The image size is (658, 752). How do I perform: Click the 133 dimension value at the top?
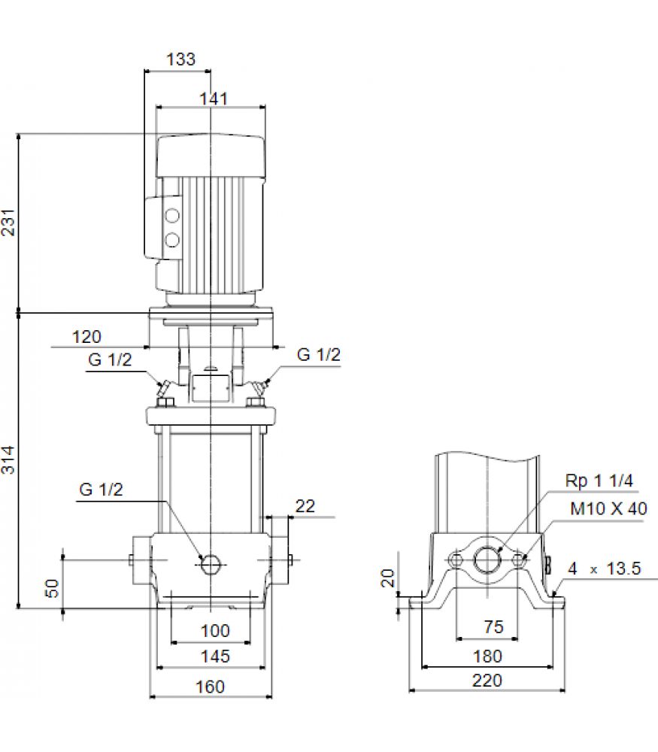point(180,59)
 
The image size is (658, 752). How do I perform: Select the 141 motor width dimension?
point(214,99)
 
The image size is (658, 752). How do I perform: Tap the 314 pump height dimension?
point(8,460)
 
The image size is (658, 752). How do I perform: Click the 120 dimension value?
point(86,337)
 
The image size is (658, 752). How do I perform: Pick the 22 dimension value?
point(305,506)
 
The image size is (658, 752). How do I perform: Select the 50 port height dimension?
point(52,588)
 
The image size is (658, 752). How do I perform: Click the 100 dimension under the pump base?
point(215,631)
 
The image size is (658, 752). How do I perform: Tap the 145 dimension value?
point(215,656)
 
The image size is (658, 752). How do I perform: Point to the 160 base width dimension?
point(210,687)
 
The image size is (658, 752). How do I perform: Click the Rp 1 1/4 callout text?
point(599,481)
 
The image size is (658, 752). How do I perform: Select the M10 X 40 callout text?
point(608,508)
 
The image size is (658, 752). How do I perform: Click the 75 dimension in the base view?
point(493,627)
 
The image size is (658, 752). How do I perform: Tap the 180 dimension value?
point(487,656)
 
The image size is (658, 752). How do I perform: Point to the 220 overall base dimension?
point(487,681)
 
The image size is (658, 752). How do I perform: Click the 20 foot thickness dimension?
point(387,578)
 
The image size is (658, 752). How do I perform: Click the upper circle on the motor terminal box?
point(172,216)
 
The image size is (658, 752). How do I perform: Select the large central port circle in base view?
point(487,559)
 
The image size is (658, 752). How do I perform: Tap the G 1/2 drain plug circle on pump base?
point(210,565)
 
